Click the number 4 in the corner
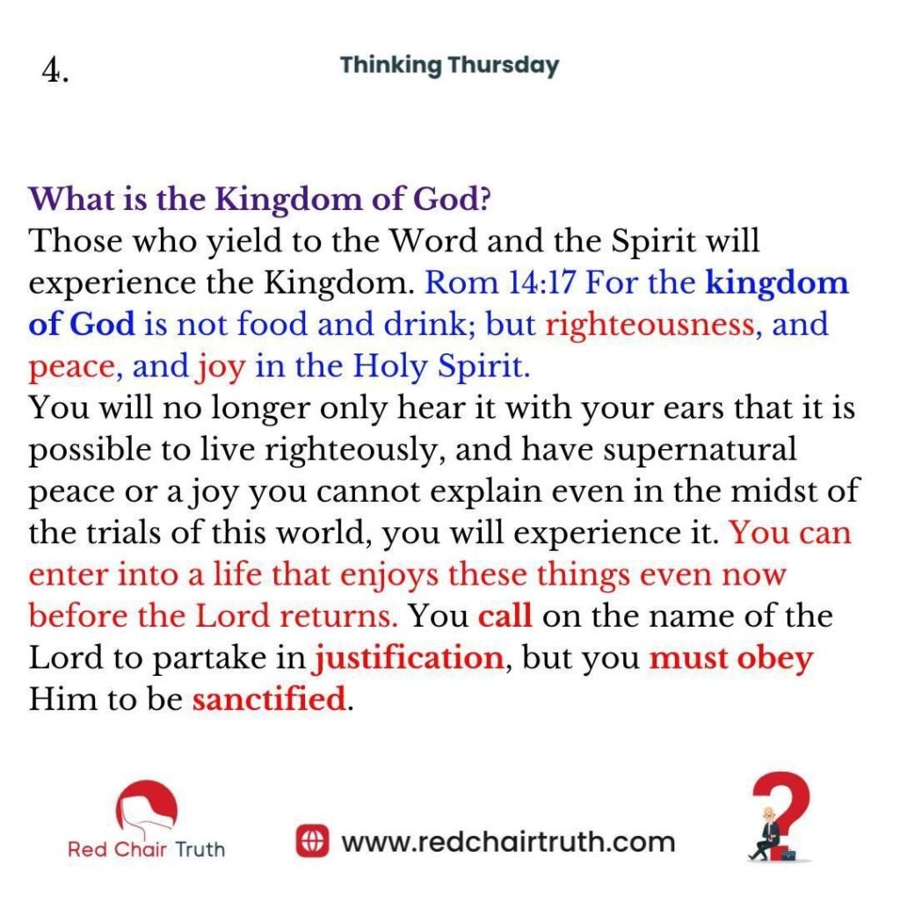click(x=55, y=71)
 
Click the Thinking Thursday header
click(x=449, y=65)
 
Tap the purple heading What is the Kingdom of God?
click(x=260, y=200)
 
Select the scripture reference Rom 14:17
click(x=499, y=282)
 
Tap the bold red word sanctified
click(x=269, y=699)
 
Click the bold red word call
click(x=504, y=616)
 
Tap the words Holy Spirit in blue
click(x=441, y=367)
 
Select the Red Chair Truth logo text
click(x=147, y=850)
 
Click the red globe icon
click(x=312, y=841)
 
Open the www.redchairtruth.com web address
click(x=508, y=843)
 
